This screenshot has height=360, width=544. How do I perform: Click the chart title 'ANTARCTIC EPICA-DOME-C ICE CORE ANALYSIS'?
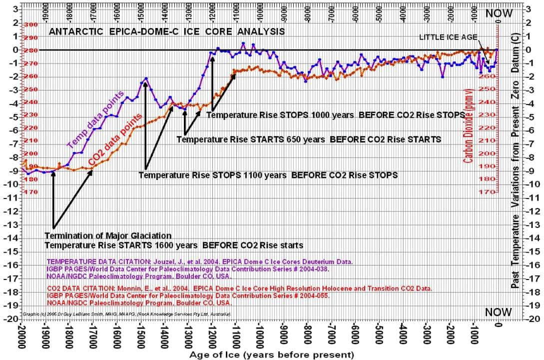(x=166, y=31)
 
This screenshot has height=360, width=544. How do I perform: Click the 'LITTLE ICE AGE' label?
(x=448, y=37)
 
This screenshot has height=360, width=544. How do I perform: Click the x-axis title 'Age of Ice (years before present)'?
(x=271, y=354)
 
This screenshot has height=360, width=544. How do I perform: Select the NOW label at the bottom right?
(x=499, y=312)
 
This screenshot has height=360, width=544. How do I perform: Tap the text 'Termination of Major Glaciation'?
(x=108, y=235)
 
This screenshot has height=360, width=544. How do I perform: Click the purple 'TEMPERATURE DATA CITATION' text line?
(x=200, y=261)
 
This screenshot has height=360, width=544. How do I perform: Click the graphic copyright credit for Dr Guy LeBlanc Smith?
(x=126, y=314)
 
